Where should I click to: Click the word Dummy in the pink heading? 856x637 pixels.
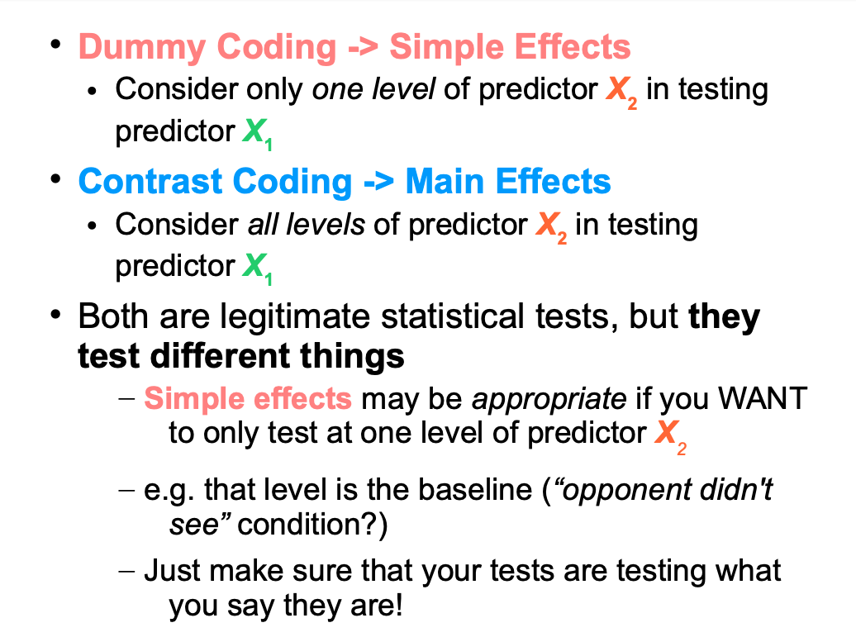[143, 48]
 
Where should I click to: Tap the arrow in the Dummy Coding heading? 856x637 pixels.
[363, 47]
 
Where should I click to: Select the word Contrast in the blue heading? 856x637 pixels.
[150, 181]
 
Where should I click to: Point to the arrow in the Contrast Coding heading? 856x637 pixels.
[378, 182]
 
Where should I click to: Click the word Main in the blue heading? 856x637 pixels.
[445, 181]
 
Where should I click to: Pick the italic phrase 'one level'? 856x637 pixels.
[373, 88]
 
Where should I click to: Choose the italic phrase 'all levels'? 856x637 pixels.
[307, 224]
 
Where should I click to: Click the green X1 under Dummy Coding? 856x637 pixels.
[257, 133]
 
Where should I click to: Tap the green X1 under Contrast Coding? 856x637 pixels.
[257, 268]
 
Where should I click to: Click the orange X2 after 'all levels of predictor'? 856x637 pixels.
[551, 226]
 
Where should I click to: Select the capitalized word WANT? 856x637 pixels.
[763, 398]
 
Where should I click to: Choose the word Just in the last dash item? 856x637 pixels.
[172, 571]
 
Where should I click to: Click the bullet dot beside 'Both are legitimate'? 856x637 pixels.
[55, 315]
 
